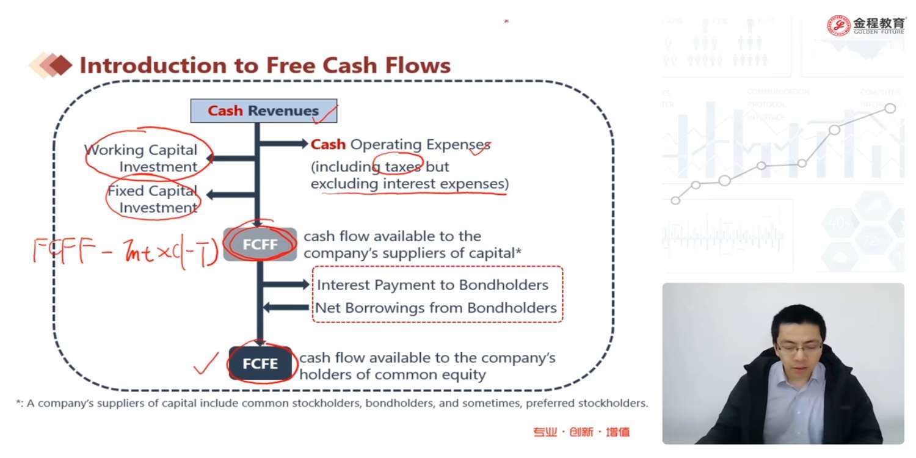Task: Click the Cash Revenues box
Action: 263,111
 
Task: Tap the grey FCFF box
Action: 260,244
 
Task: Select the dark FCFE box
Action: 260,364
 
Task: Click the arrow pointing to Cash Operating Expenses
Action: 284,144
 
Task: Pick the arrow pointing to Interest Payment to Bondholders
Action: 286,285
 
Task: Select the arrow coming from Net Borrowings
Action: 286,307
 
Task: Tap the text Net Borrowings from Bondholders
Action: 435,308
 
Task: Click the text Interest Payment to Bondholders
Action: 432,285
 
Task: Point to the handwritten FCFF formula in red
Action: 125,252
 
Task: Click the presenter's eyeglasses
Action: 799,346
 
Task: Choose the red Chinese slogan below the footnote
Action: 581,432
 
